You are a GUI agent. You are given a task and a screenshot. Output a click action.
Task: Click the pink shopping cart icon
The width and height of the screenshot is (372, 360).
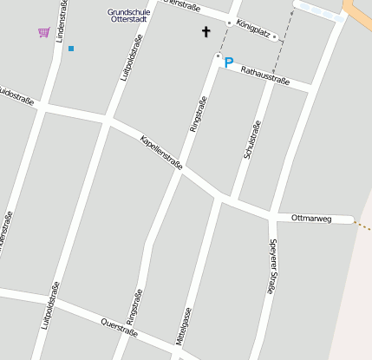[x=43, y=33]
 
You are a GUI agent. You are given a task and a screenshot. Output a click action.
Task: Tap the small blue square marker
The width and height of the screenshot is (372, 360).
[x=71, y=49]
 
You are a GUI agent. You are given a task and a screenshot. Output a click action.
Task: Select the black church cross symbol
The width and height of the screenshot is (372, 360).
[x=206, y=33]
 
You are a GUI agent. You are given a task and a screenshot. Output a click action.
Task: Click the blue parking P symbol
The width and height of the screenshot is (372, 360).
[x=229, y=62]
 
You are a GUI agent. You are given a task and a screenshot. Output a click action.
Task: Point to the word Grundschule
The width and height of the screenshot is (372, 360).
[x=128, y=12]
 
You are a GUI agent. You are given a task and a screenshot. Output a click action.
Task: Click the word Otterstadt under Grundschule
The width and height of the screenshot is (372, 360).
[x=128, y=20]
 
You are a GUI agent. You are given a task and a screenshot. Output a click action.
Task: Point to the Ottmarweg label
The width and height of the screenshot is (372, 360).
[x=311, y=218]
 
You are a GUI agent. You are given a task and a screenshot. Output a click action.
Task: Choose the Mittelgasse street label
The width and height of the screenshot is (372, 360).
[x=183, y=326]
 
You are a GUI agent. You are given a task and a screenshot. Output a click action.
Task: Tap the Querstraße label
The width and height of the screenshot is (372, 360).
[x=119, y=327]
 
